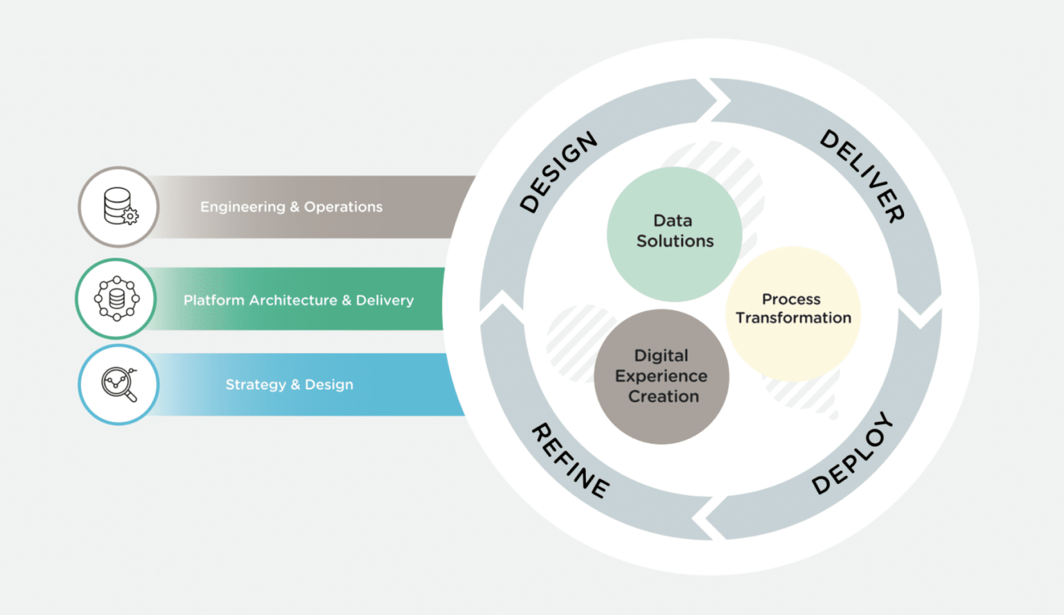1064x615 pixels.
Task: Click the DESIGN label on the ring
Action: pos(558,172)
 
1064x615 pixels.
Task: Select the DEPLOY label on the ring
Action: pos(853,454)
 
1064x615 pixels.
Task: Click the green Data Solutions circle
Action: pos(674,233)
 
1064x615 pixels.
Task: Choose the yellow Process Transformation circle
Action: pos(793,314)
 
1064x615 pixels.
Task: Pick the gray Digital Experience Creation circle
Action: pos(662,376)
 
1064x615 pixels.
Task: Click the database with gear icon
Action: pos(119,206)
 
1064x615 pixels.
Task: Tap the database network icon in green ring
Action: pos(116,298)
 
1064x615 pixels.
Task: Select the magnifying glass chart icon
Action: pos(119,384)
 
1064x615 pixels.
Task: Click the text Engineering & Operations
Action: pos(291,207)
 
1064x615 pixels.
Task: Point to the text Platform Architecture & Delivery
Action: pos(299,301)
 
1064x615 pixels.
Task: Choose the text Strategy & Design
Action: pos(289,385)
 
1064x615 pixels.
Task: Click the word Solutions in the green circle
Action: pos(675,241)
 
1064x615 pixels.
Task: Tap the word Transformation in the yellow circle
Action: pos(793,318)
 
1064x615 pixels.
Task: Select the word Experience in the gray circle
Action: pos(662,376)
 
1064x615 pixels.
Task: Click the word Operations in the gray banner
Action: pos(343,207)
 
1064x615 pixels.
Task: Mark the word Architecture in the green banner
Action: pos(294,301)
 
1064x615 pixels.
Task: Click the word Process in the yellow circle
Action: pos(791,299)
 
